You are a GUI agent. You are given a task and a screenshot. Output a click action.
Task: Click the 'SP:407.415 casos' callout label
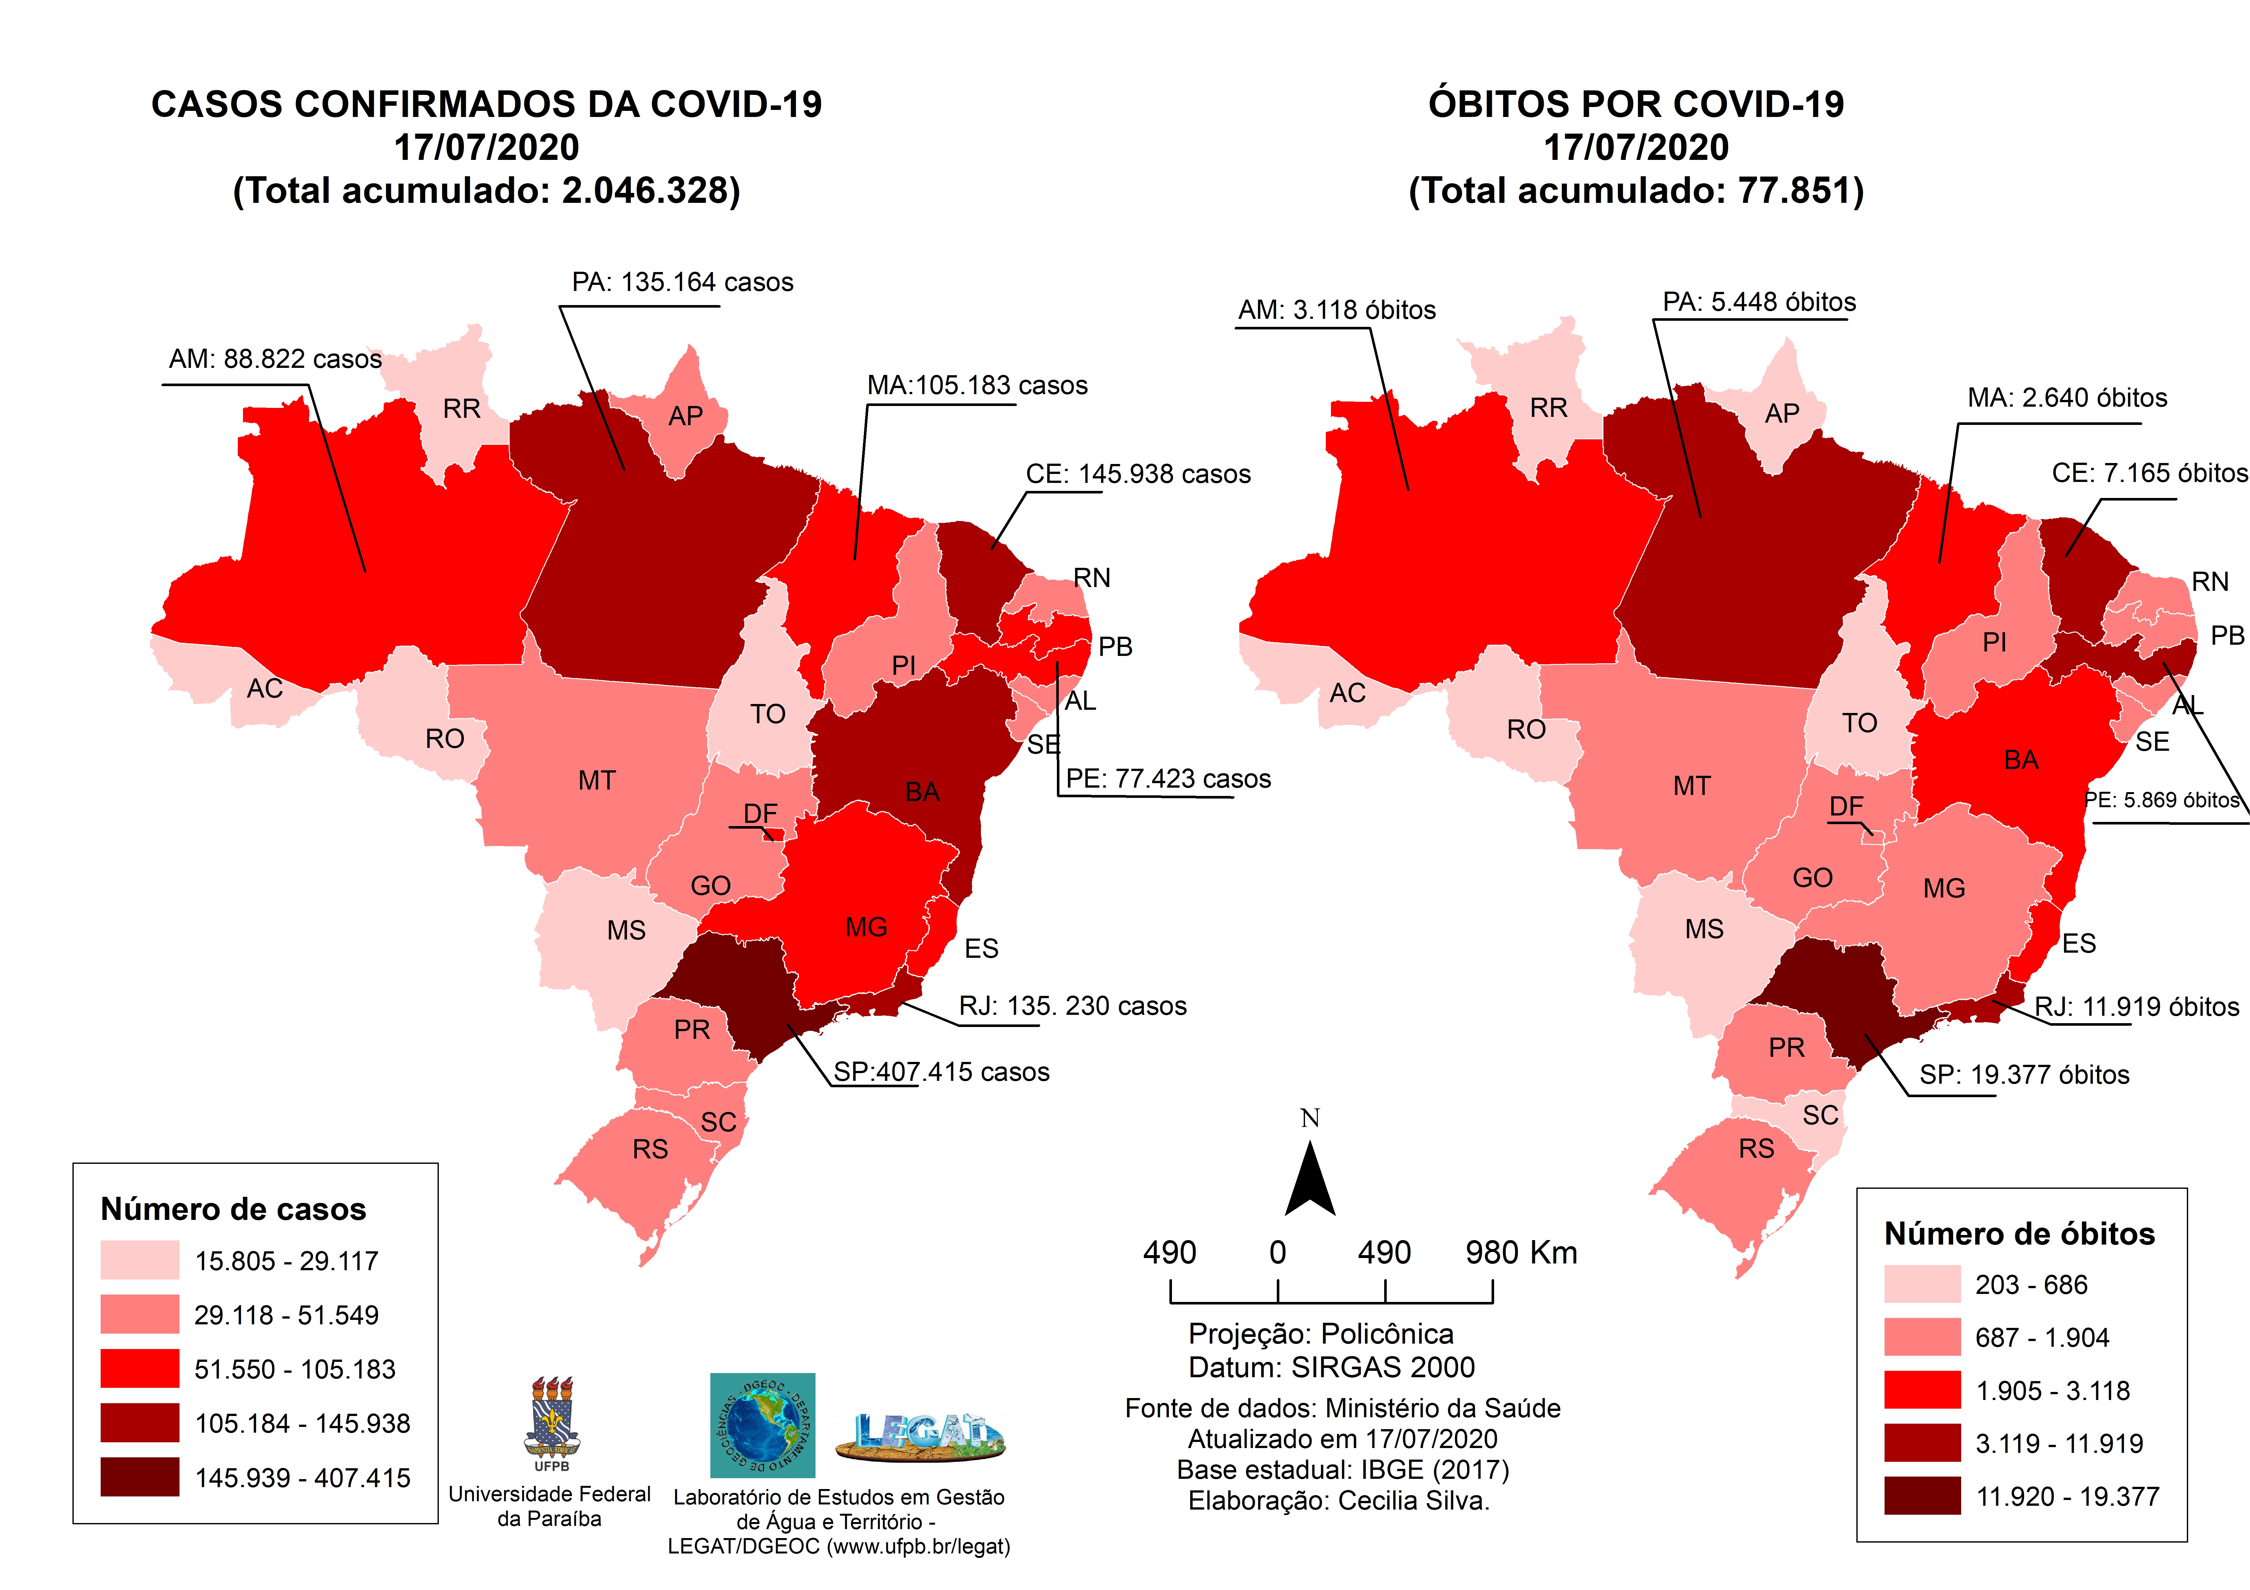tap(941, 1072)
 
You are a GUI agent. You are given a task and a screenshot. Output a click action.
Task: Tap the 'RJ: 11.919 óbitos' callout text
tap(2136, 1007)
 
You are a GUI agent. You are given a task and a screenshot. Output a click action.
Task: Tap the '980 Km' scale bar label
tap(1521, 1253)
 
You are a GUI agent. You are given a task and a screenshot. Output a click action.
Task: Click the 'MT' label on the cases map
tap(597, 781)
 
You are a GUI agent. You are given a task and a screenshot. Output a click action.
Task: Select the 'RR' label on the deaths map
tap(1548, 409)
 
